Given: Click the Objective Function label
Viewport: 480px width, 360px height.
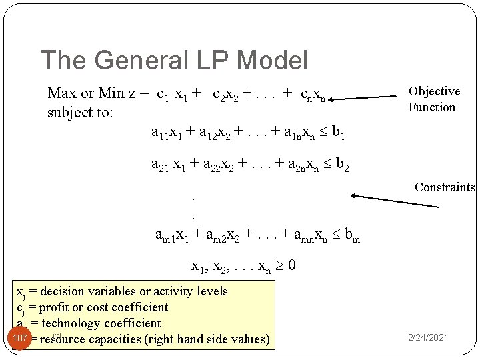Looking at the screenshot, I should coord(434,99).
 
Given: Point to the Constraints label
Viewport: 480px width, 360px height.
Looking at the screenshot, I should coord(445,187).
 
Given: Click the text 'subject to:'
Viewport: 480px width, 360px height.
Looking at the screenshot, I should coord(80,113).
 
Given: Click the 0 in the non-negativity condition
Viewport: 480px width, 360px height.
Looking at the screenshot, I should coord(292,265).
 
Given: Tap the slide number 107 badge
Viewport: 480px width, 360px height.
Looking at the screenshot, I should coord(20,338).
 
